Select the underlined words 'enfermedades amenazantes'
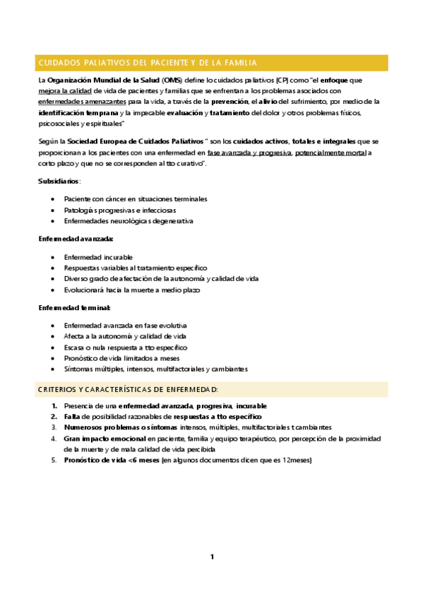click(79, 102)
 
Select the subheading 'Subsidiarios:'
click(59, 182)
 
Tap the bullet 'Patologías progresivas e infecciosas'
click(120, 210)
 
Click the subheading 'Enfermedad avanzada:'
click(76, 239)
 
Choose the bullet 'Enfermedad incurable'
click(98, 257)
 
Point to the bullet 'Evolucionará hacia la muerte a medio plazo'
click(132, 290)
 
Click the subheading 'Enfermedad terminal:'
click(74, 308)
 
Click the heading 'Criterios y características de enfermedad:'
click(128, 389)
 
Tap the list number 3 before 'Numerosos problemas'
click(54, 427)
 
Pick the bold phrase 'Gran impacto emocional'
click(104, 438)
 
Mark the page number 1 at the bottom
click(211, 557)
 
